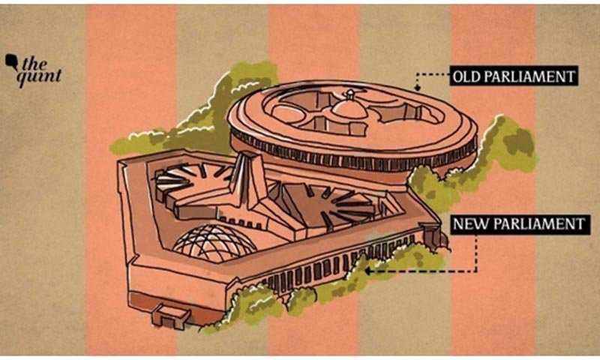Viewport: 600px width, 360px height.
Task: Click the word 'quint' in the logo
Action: point(39,77)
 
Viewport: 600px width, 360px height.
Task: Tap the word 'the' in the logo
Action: point(34,64)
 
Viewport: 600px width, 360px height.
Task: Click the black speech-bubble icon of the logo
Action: point(11,61)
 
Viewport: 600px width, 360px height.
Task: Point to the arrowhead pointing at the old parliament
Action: point(418,88)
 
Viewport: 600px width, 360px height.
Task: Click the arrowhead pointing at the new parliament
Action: point(367,271)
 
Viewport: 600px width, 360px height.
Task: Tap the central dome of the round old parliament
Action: point(349,108)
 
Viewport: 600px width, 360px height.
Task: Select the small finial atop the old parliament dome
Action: point(350,94)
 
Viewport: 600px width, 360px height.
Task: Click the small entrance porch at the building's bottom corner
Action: point(171,315)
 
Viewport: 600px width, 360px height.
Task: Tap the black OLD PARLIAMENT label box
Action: point(513,76)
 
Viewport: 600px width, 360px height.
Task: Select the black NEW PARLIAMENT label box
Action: point(519,223)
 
